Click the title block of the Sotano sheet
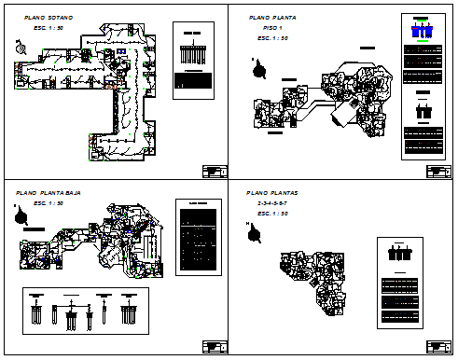point(214,171)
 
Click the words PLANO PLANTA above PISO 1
point(271,18)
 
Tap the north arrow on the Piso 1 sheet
point(260,69)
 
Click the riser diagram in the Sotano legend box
point(194,51)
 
